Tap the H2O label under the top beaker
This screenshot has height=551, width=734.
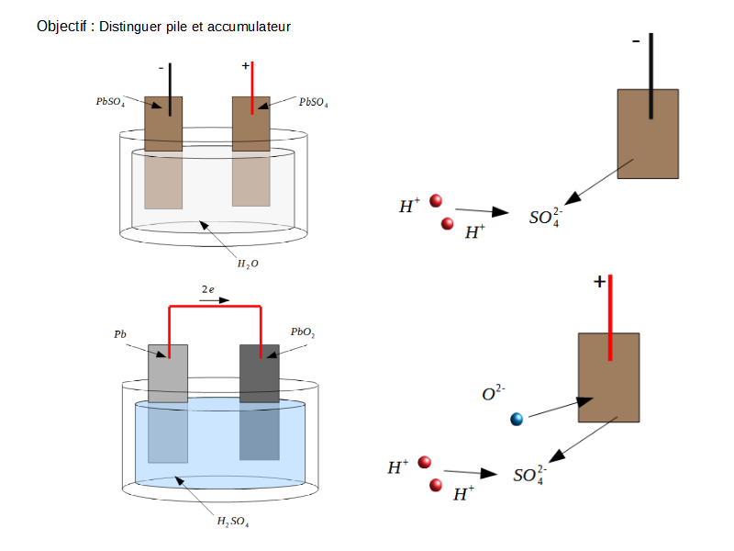point(248,264)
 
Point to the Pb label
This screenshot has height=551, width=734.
point(120,335)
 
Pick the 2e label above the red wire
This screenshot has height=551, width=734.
point(208,289)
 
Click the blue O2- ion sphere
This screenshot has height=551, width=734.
point(517,420)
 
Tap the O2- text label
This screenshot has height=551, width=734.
point(494,394)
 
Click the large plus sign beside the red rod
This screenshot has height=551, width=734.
point(599,282)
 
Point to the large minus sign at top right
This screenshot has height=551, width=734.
point(636,41)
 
